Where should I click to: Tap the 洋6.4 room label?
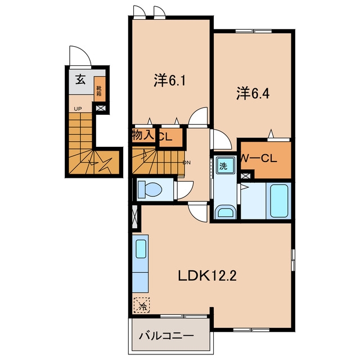253,93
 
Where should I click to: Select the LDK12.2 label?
208,276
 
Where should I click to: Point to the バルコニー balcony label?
166,336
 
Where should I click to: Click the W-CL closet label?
259,158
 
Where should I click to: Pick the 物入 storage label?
143,136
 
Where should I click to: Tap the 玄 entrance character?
80,80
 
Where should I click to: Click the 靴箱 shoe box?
100,89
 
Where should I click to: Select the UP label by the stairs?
78,109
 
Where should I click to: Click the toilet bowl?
150,190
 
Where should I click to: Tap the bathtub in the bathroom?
279,201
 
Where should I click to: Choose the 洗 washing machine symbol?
223,165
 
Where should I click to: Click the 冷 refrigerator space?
142,305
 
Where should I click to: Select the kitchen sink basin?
141,249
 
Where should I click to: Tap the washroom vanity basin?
227,213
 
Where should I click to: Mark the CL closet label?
166,137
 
